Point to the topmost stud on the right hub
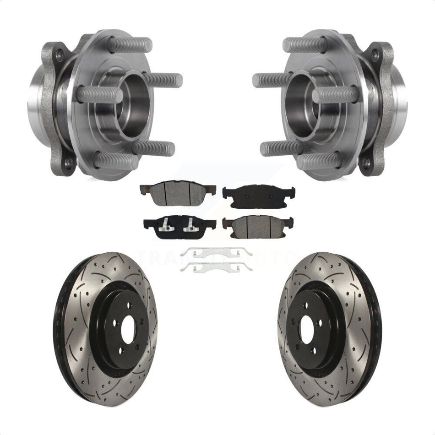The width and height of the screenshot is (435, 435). click(305, 45)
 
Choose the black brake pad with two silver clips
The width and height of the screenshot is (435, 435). click(179, 226)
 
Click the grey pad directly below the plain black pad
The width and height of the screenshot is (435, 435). click(259, 225)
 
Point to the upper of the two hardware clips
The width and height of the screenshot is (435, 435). click(216, 252)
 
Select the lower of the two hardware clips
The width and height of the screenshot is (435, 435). click(216, 267)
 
